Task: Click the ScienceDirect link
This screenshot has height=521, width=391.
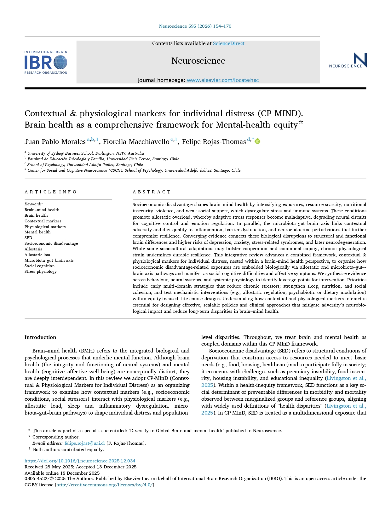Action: click(x=228, y=43)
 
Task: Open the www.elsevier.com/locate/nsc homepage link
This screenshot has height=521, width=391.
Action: click(x=223, y=80)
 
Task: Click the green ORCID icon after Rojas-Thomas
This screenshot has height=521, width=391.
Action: click(x=257, y=141)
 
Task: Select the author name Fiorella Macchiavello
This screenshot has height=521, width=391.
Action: click(x=136, y=142)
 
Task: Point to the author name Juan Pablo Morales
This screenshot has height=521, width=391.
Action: click(x=55, y=142)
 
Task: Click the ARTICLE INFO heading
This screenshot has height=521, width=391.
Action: click(x=50, y=192)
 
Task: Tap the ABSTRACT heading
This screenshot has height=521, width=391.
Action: click(x=152, y=192)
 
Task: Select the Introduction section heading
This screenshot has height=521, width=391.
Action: click(x=40, y=337)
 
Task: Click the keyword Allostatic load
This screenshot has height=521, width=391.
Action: click(x=38, y=255)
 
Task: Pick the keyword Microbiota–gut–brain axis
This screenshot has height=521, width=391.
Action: click(x=49, y=260)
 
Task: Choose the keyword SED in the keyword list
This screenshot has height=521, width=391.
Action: click(x=28, y=238)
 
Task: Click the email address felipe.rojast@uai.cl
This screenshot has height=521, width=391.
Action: click(x=84, y=443)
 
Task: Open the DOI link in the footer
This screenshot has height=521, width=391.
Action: click(x=80, y=461)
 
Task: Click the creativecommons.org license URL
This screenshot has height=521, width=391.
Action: click(x=105, y=485)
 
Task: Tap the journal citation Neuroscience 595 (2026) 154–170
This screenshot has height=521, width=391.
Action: click(x=195, y=26)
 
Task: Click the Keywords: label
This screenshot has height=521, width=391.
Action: click(x=33, y=204)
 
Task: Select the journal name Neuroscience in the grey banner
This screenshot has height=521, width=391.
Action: click(x=198, y=60)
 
